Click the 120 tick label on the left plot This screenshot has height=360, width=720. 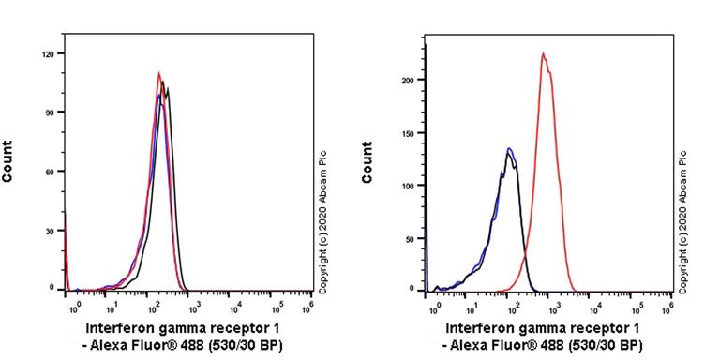pyautogui.click(x=48, y=54)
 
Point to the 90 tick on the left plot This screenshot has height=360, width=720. pyautogui.click(x=50, y=112)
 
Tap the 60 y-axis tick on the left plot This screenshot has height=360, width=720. pyautogui.click(x=50, y=171)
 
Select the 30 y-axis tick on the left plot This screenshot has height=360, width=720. pyautogui.click(x=50, y=230)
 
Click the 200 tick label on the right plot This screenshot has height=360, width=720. pyautogui.click(x=406, y=81)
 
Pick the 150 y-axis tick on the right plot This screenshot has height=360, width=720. pyautogui.click(x=406, y=133)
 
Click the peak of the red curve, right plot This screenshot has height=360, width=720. pyautogui.click(x=543, y=53)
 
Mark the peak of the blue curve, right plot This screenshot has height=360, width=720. pyautogui.click(x=509, y=148)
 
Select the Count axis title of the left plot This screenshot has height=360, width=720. pyautogui.click(x=8, y=161)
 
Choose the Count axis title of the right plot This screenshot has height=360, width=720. pyautogui.click(x=367, y=162)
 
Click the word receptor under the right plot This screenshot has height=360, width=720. pyautogui.click(x=598, y=328)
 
